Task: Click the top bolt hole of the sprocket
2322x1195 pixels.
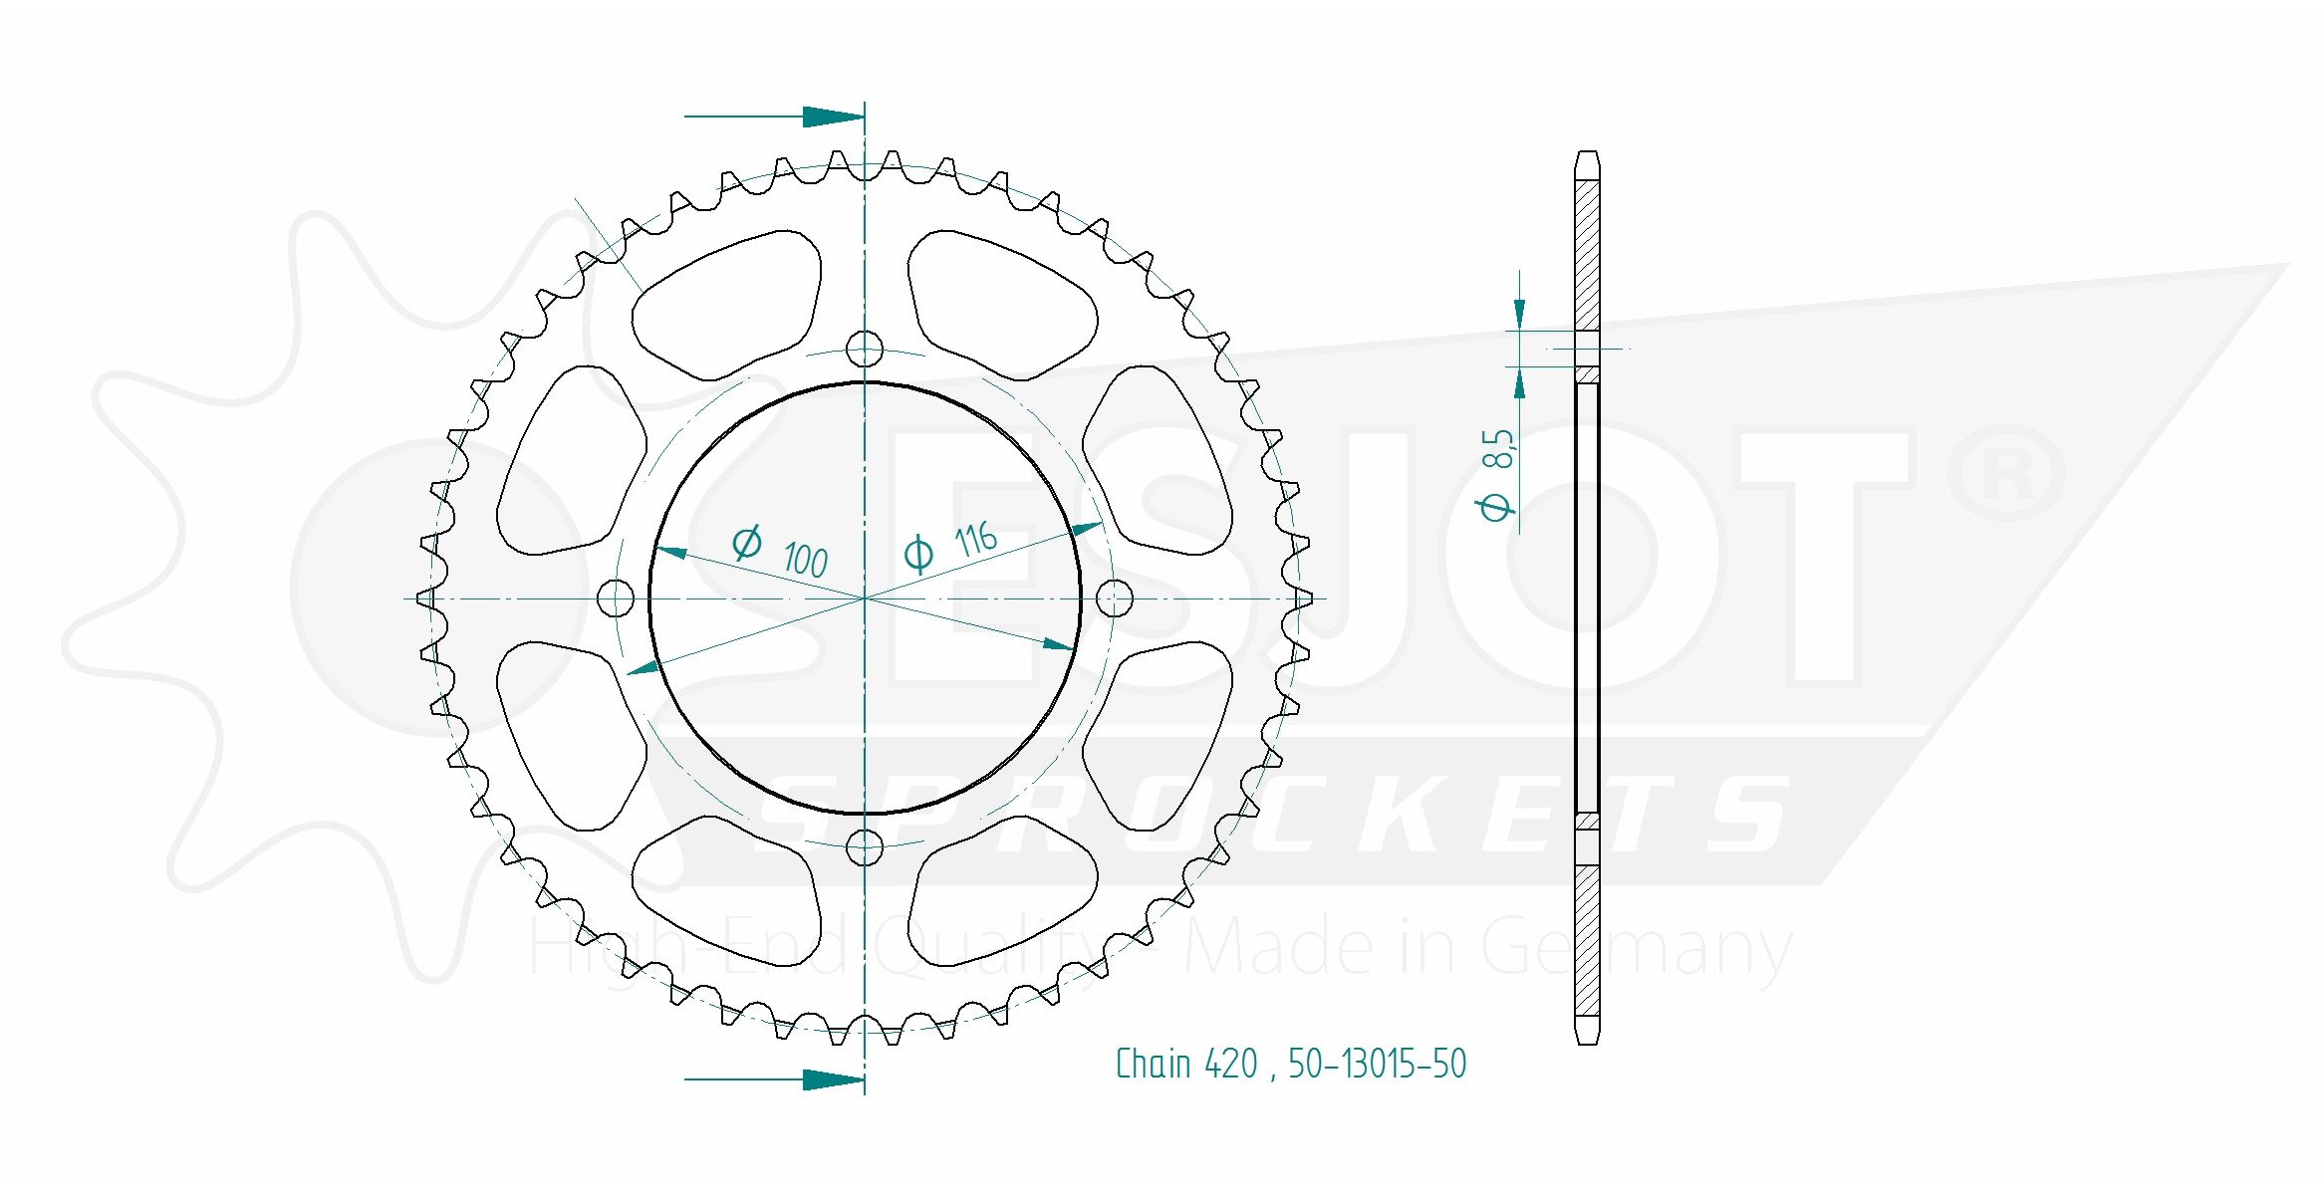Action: pyautogui.click(x=864, y=349)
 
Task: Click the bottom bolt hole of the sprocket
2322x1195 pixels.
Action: pyautogui.click(x=864, y=847)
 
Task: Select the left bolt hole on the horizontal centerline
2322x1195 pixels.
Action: pyautogui.click(x=616, y=597)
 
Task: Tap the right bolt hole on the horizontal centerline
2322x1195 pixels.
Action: pyautogui.click(x=1114, y=597)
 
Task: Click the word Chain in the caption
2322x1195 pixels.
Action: pyautogui.click(x=1153, y=1064)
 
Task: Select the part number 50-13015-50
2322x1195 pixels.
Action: pyautogui.click(x=1377, y=1064)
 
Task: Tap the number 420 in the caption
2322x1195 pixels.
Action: pyautogui.click(x=1231, y=1064)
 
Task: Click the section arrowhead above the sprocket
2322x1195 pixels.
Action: pyautogui.click(x=833, y=117)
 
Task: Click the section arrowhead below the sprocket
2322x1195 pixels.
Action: pyautogui.click(x=833, y=1078)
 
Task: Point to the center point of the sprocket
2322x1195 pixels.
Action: pyautogui.click(x=864, y=597)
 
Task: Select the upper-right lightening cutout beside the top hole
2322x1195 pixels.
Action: pyautogui.click(x=1001, y=304)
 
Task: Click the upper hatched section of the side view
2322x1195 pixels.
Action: pyautogui.click(x=1587, y=254)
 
